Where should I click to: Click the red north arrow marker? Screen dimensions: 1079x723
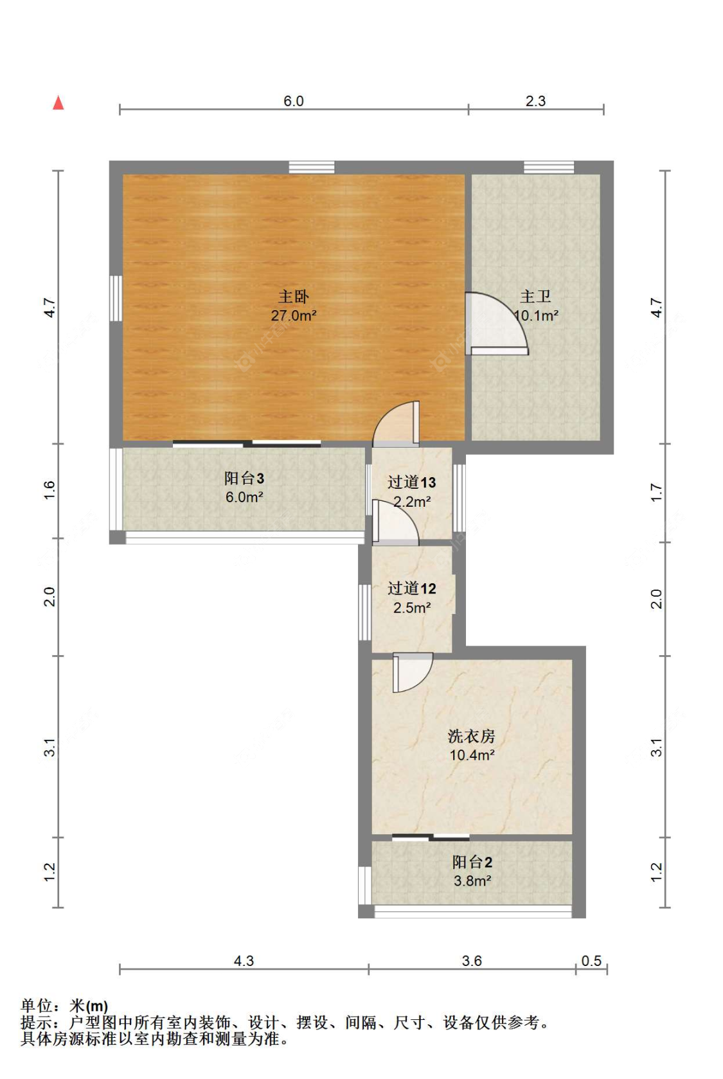pyautogui.click(x=58, y=103)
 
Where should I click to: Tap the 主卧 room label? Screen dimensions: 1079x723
pyautogui.click(x=293, y=297)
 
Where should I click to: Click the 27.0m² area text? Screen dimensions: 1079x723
pyautogui.click(x=293, y=315)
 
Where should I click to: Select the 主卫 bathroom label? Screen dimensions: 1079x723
pyautogui.click(x=535, y=297)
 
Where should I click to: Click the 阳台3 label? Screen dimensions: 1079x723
pyautogui.click(x=244, y=478)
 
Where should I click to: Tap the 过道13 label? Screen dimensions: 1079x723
pyautogui.click(x=411, y=482)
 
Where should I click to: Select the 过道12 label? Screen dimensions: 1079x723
pyautogui.click(x=411, y=588)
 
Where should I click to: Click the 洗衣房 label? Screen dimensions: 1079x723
pyautogui.click(x=471, y=736)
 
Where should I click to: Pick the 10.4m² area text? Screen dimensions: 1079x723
pyautogui.click(x=471, y=755)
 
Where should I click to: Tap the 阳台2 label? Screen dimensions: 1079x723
pyautogui.click(x=472, y=862)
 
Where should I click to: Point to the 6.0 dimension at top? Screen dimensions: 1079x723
pyautogui.click(x=293, y=101)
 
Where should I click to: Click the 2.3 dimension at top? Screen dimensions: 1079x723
pyautogui.click(x=535, y=101)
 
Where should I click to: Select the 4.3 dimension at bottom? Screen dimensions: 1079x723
pyautogui.click(x=244, y=961)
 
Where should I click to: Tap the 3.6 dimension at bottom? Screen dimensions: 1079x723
pyautogui.click(x=472, y=961)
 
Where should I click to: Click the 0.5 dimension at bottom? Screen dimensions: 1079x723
pyautogui.click(x=591, y=961)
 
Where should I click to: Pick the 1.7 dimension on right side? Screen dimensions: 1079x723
pyautogui.click(x=656, y=492)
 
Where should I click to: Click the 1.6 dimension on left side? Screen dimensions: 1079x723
pyautogui.click(x=50, y=490)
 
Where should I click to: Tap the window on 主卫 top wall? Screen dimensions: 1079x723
pyautogui.click(x=548, y=168)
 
